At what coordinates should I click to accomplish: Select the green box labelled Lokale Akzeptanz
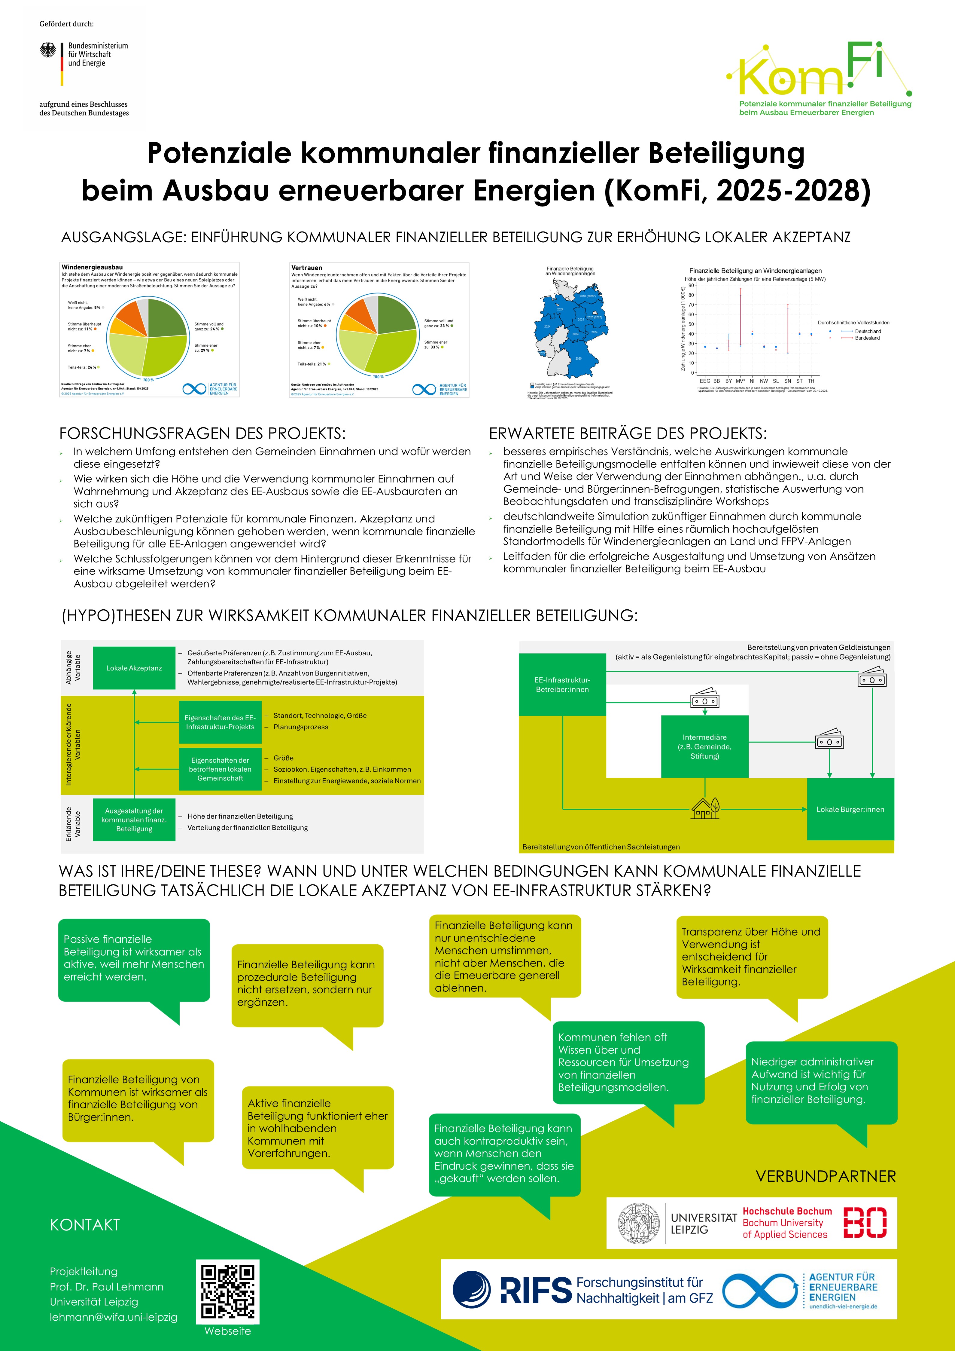pos(134,668)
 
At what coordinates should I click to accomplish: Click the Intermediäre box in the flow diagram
pos(704,746)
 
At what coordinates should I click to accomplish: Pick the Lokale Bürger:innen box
pos(850,809)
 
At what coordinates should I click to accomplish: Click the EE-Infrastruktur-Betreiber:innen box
pos(562,684)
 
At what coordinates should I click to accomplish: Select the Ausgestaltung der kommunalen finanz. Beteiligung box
pos(134,820)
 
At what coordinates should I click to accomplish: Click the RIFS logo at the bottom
pos(512,1289)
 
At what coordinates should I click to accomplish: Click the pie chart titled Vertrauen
pos(378,333)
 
